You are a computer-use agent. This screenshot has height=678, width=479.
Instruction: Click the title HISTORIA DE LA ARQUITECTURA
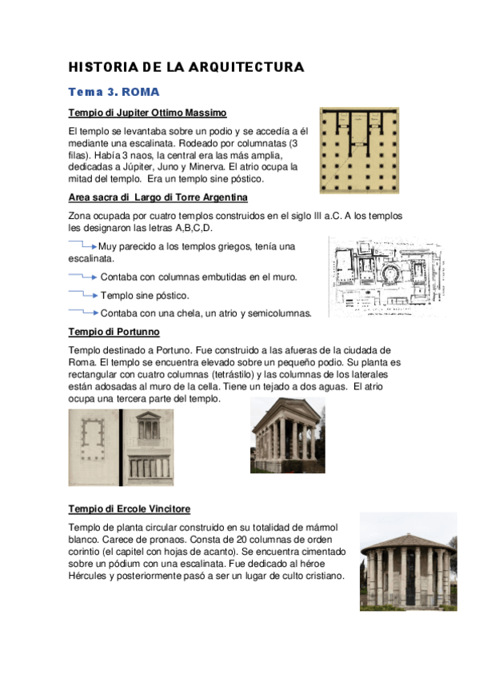[x=186, y=67]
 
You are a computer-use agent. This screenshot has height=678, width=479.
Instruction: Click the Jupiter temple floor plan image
[x=359, y=150]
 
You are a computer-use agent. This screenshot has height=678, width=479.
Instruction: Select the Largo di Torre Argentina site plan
[x=385, y=277]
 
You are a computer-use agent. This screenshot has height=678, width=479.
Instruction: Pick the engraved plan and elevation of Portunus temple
[x=119, y=447]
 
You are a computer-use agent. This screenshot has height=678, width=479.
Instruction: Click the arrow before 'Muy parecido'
[x=82, y=245]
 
